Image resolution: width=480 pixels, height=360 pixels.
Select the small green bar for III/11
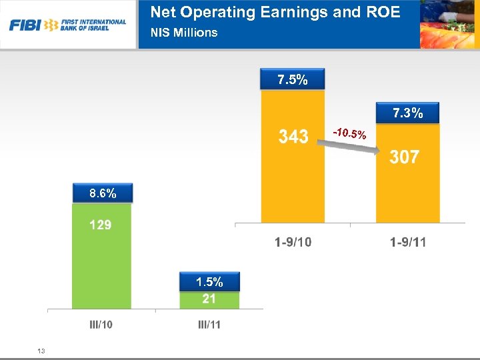(209, 301)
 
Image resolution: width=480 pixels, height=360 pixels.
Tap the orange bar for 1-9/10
(293, 180)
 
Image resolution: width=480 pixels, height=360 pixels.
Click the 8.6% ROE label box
(103, 194)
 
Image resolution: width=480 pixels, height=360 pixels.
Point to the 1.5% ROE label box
(209, 282)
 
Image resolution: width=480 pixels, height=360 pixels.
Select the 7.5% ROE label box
(293, 80)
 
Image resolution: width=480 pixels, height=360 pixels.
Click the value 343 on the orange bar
(293, 137)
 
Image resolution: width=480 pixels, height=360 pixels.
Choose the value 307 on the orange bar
(405, 157)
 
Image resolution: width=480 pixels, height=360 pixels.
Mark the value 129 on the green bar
(101, 225)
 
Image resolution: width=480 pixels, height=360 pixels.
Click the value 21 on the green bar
(209, 299)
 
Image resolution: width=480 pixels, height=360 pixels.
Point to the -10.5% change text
(350, 135)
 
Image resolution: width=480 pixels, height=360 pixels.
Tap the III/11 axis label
(210, 325)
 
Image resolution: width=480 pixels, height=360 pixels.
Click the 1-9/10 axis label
(293, 242)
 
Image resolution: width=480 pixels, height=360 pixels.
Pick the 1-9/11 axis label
(408, 242)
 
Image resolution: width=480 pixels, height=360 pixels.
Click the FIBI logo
(67, 25)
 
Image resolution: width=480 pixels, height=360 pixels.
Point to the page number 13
(41, 351)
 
